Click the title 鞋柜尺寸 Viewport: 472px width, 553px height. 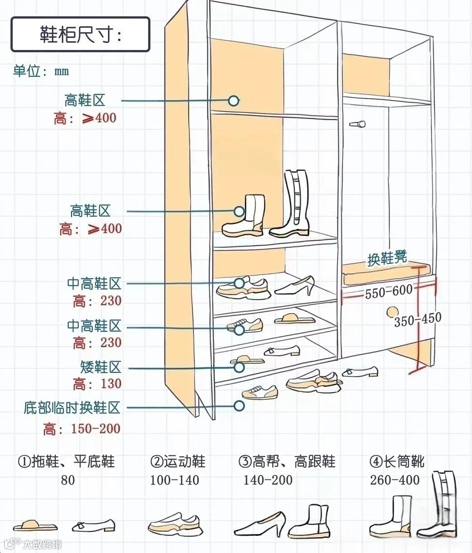pos(80,35)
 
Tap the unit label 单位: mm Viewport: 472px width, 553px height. pos(41,71)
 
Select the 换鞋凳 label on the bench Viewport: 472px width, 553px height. pos(387,259)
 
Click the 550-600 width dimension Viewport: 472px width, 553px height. pos(389,292)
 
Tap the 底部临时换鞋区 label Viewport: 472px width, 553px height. pos(72,408)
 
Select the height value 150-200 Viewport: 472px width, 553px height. pos(95,429)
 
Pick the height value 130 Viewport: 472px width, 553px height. pos(111,384)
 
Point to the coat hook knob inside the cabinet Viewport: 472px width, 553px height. pos(358,124)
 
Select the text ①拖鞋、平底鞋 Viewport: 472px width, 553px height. pos(66,462)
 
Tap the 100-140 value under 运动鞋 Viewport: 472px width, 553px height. pos(174,480)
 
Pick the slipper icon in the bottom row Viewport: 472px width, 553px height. pos(35,526)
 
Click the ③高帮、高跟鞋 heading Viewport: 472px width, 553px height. pos(287,462)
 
